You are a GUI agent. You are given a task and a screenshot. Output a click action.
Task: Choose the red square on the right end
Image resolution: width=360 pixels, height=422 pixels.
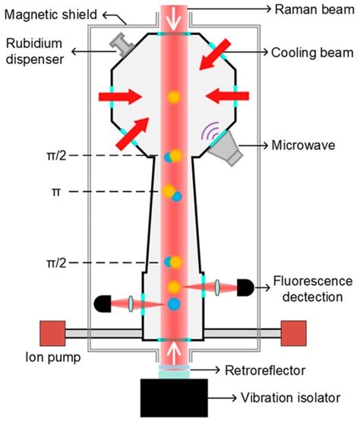[x=293, y=333]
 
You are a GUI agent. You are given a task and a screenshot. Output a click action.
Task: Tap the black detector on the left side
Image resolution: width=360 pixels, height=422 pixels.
[x=103, y=303]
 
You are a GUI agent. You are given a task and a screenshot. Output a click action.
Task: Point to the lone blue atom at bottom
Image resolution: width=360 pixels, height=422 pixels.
[x=175, y=305]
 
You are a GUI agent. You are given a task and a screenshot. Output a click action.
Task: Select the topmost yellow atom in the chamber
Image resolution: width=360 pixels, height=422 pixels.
[x=174, y=97]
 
